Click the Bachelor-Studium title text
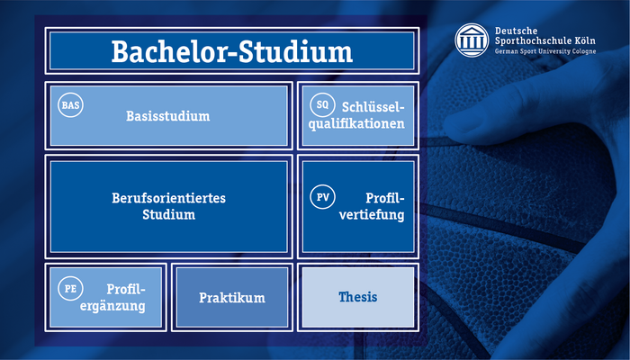(232, 51)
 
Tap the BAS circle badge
(70, 105)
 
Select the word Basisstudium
(168, 116)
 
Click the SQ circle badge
(322, 105)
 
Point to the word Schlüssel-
(373, 107)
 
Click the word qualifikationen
(356, 124)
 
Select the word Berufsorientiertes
(169, 198)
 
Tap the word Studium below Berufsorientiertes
(169, 214)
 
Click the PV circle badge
(322, 197)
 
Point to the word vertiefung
(372, 214)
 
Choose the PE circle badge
(70, 289)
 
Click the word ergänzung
(112, 306)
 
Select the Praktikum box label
(232, 298)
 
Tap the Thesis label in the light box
(357, 297)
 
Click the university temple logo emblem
(472, 40)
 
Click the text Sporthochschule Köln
(545, 41)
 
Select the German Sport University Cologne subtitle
(545, 51)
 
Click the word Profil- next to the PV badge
(384, 198)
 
